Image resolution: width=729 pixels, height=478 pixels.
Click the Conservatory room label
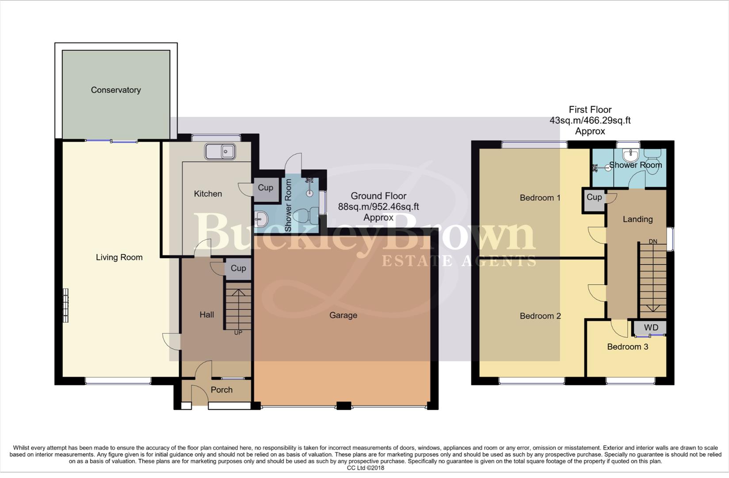[116, 90]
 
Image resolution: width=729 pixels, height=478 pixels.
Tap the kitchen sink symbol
[220, 152]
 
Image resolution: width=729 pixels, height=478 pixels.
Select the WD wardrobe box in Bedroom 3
[651, 328]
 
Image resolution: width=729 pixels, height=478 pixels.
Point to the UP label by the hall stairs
[238, 332]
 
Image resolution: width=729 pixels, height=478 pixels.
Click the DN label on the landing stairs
[653, 242]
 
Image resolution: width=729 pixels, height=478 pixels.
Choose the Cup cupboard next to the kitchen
[266, 188]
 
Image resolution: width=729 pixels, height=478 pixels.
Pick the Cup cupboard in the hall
[238, 269]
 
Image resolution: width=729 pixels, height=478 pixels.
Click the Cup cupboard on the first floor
[594, 197]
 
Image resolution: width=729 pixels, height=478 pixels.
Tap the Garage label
[343, 316]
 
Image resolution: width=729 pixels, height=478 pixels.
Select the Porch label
[221, 390]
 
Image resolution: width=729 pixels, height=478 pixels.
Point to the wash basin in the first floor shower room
[630, 155]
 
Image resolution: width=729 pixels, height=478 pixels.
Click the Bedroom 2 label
[540, 316]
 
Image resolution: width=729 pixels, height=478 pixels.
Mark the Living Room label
[119, 258]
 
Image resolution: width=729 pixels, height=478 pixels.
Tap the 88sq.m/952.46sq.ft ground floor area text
[378, 207]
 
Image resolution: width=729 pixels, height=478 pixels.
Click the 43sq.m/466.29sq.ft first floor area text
[590, 120]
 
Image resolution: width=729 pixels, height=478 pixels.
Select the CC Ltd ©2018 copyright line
[365, 468]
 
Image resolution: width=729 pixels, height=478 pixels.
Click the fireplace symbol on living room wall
[65, 305]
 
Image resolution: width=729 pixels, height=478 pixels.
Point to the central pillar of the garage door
[344, 405]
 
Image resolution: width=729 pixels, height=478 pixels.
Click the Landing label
[637, 219]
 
